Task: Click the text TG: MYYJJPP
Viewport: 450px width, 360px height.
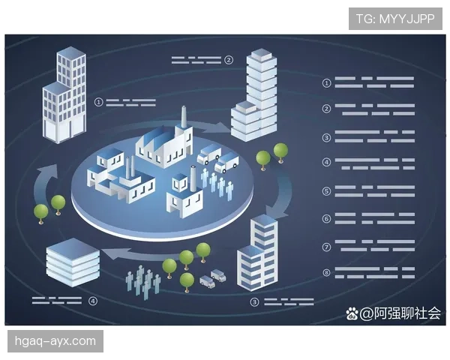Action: (395, 18)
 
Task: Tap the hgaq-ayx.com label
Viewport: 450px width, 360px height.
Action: (56, 342)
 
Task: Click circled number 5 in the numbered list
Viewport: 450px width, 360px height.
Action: (326, 191)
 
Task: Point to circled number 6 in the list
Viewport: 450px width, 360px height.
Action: (326, 218)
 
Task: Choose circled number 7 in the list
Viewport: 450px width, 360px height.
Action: (326, 246)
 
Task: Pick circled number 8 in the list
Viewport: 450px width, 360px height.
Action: (326, 273)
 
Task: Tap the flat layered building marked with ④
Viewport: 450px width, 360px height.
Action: (72, 263)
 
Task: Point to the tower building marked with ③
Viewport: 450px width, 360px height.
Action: (257, 253)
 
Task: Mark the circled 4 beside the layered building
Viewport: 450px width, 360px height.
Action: (93, 301)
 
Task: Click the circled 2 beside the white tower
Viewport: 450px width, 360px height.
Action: (229, 59)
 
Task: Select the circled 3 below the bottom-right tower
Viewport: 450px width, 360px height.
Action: (255, 302)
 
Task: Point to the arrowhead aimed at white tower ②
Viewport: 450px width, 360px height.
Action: (224, 126)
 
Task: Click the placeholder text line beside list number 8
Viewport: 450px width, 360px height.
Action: (374, 273)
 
